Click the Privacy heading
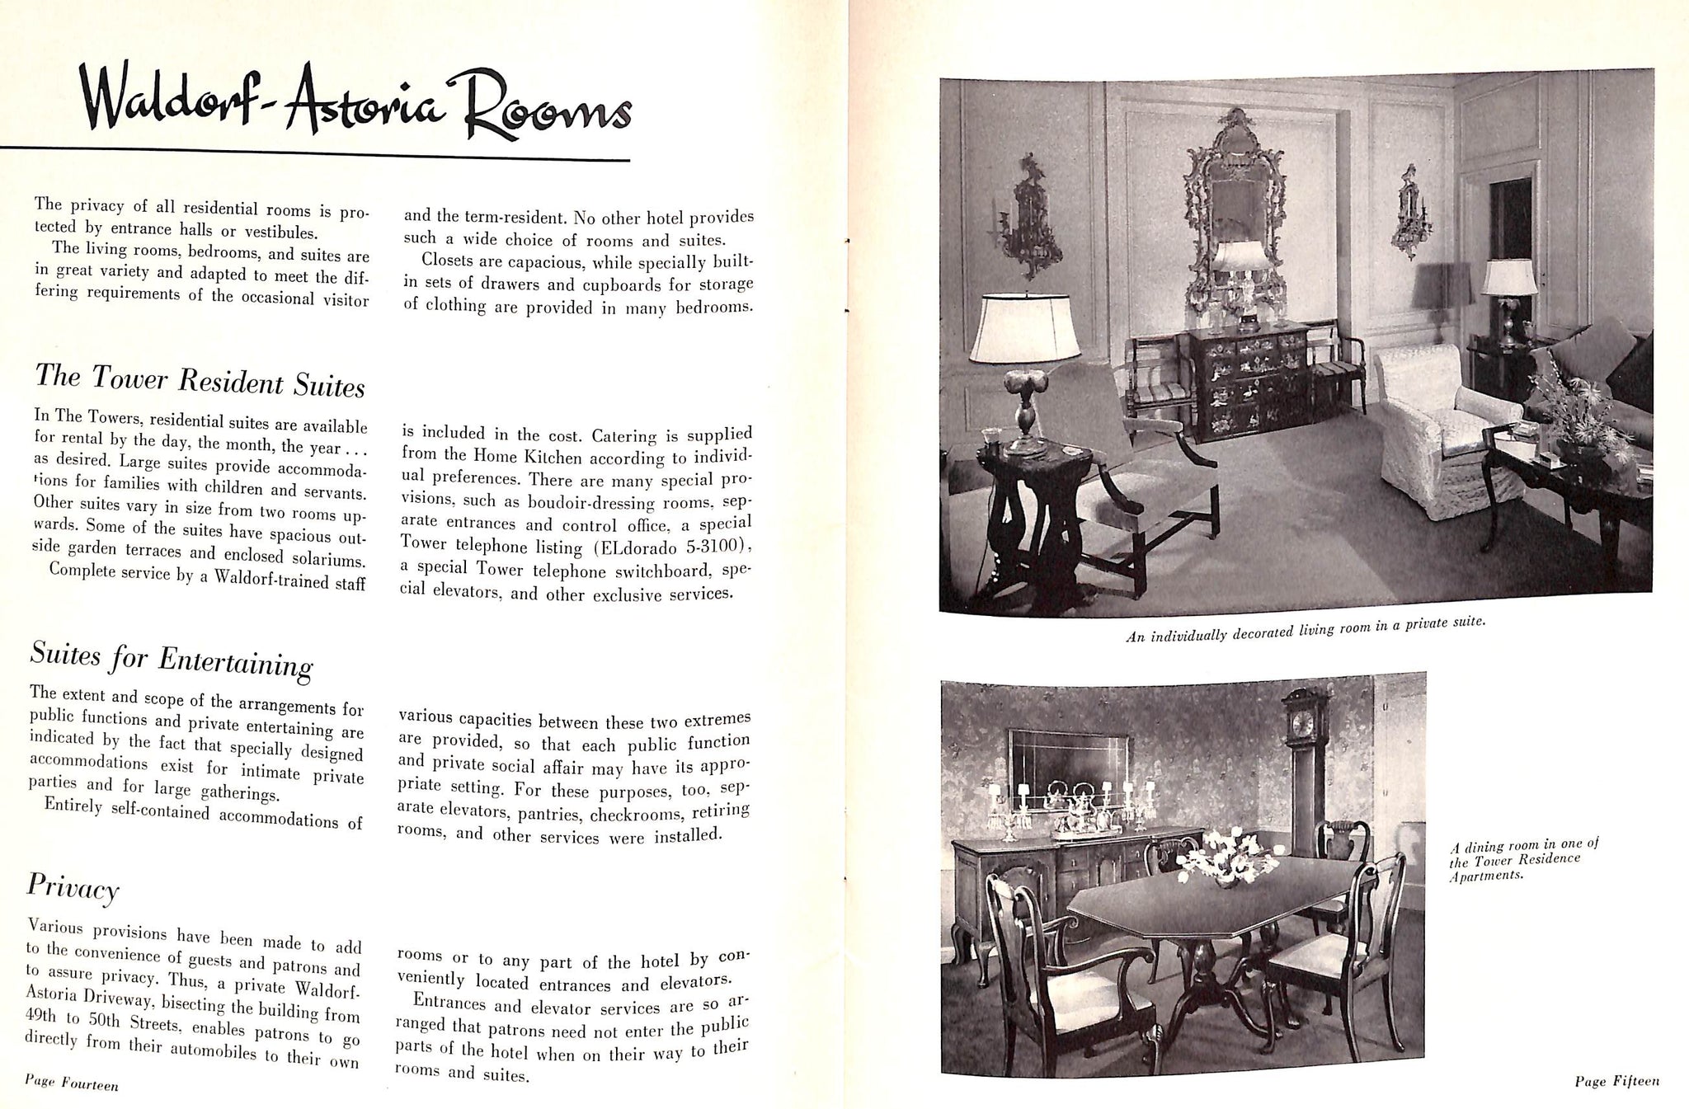pyautogui.click(x=73, y=887)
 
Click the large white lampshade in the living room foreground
pyautogui.click(x=1025, y=327)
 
